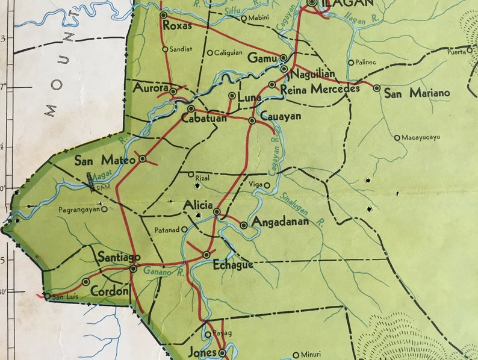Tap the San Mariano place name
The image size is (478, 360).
(417, 93)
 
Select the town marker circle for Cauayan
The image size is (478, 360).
(252, 120)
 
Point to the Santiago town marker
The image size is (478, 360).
(133, 268)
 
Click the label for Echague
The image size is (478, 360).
(233, 264)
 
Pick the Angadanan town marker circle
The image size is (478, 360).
(243, 225)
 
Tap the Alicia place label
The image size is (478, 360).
(198, 205)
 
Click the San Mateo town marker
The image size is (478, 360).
(143, 158)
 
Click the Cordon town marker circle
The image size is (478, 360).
(86, 281)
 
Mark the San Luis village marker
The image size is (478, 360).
(48, 296)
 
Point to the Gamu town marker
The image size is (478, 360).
(283, 58)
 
